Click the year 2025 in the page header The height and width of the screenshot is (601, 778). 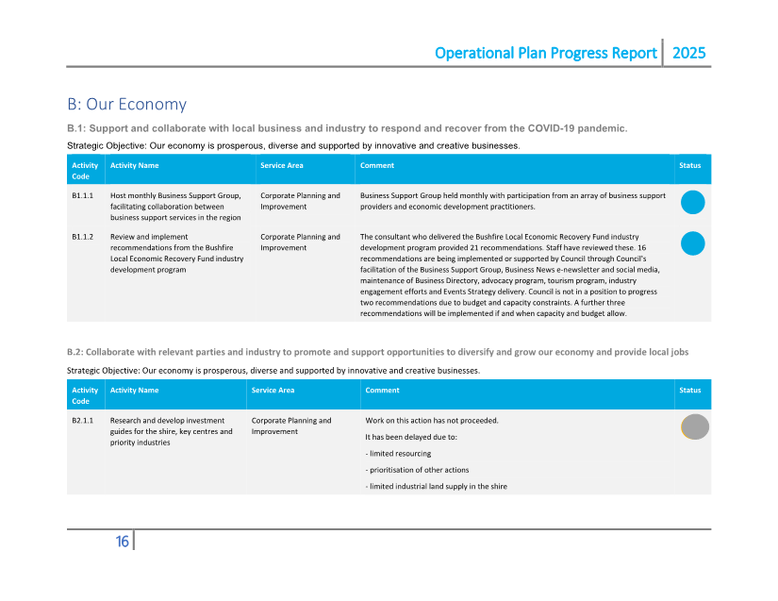point(688,54)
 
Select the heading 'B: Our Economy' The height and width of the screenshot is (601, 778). point(126,105)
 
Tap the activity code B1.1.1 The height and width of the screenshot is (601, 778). point(83,196)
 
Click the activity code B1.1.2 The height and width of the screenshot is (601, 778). point(83,237)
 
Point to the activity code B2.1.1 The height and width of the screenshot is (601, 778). point(83,421)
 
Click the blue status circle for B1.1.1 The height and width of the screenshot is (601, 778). point(692,202)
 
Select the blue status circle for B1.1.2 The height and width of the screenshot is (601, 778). point(692,243)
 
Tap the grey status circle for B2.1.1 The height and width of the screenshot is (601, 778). point(695,426)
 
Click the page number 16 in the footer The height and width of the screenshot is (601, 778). point(123,542)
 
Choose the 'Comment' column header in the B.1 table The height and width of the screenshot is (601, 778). point(377,166)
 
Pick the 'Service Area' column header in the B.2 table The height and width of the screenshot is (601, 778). point(273,391)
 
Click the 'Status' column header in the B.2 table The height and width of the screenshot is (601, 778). point(690,391)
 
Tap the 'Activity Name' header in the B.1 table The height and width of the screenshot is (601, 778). point(134,166)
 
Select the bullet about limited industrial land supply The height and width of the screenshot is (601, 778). point(436,487)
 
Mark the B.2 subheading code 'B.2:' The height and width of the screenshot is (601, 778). point(77,352)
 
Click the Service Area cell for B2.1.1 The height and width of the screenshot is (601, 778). point(291,426)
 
